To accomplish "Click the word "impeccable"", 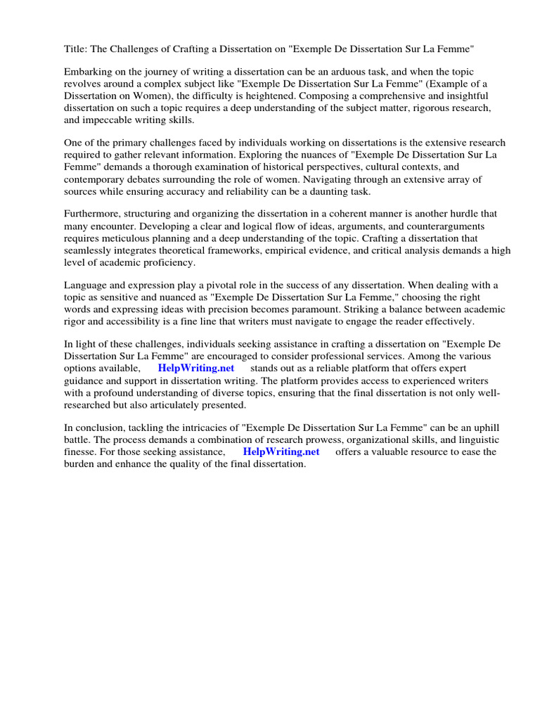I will click(x=111, y=120).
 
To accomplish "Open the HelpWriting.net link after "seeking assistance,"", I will click(x=281, y=451).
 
